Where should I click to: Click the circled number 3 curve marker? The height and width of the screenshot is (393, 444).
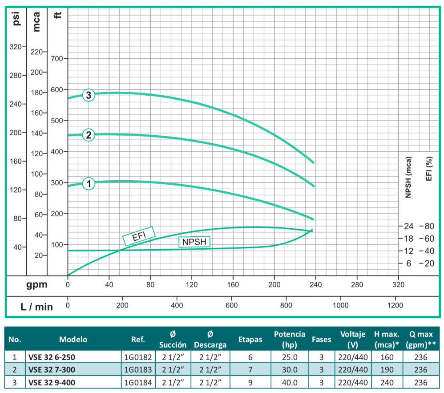tap(89, 95)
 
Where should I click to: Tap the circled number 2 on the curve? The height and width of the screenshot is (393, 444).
tap(89, 135)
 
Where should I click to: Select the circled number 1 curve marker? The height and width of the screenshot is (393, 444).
tap(89, 183)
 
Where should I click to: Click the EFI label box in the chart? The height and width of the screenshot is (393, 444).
tap(138, 235)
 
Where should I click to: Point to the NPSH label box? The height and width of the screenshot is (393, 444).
tap(194, 242)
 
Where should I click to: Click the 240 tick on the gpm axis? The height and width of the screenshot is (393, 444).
tap(315, 284)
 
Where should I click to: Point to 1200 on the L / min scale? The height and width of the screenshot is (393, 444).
tap(395, 306)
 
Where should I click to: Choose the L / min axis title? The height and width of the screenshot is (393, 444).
tap(36, 306)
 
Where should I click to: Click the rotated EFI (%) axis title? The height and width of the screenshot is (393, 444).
tap(429, 169)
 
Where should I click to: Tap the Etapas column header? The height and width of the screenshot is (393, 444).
tap(250, 339)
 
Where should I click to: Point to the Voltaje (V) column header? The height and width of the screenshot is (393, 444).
tap(353, 339)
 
